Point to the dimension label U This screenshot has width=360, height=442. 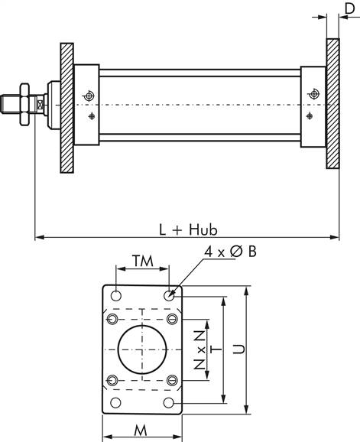tap(238, 349)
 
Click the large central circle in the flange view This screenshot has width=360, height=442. tap(142, 349)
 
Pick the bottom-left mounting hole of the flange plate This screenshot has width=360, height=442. tap(115, 403)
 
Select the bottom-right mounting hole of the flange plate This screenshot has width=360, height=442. tap(169, 403)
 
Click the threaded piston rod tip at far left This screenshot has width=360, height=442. tap(11, 102)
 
